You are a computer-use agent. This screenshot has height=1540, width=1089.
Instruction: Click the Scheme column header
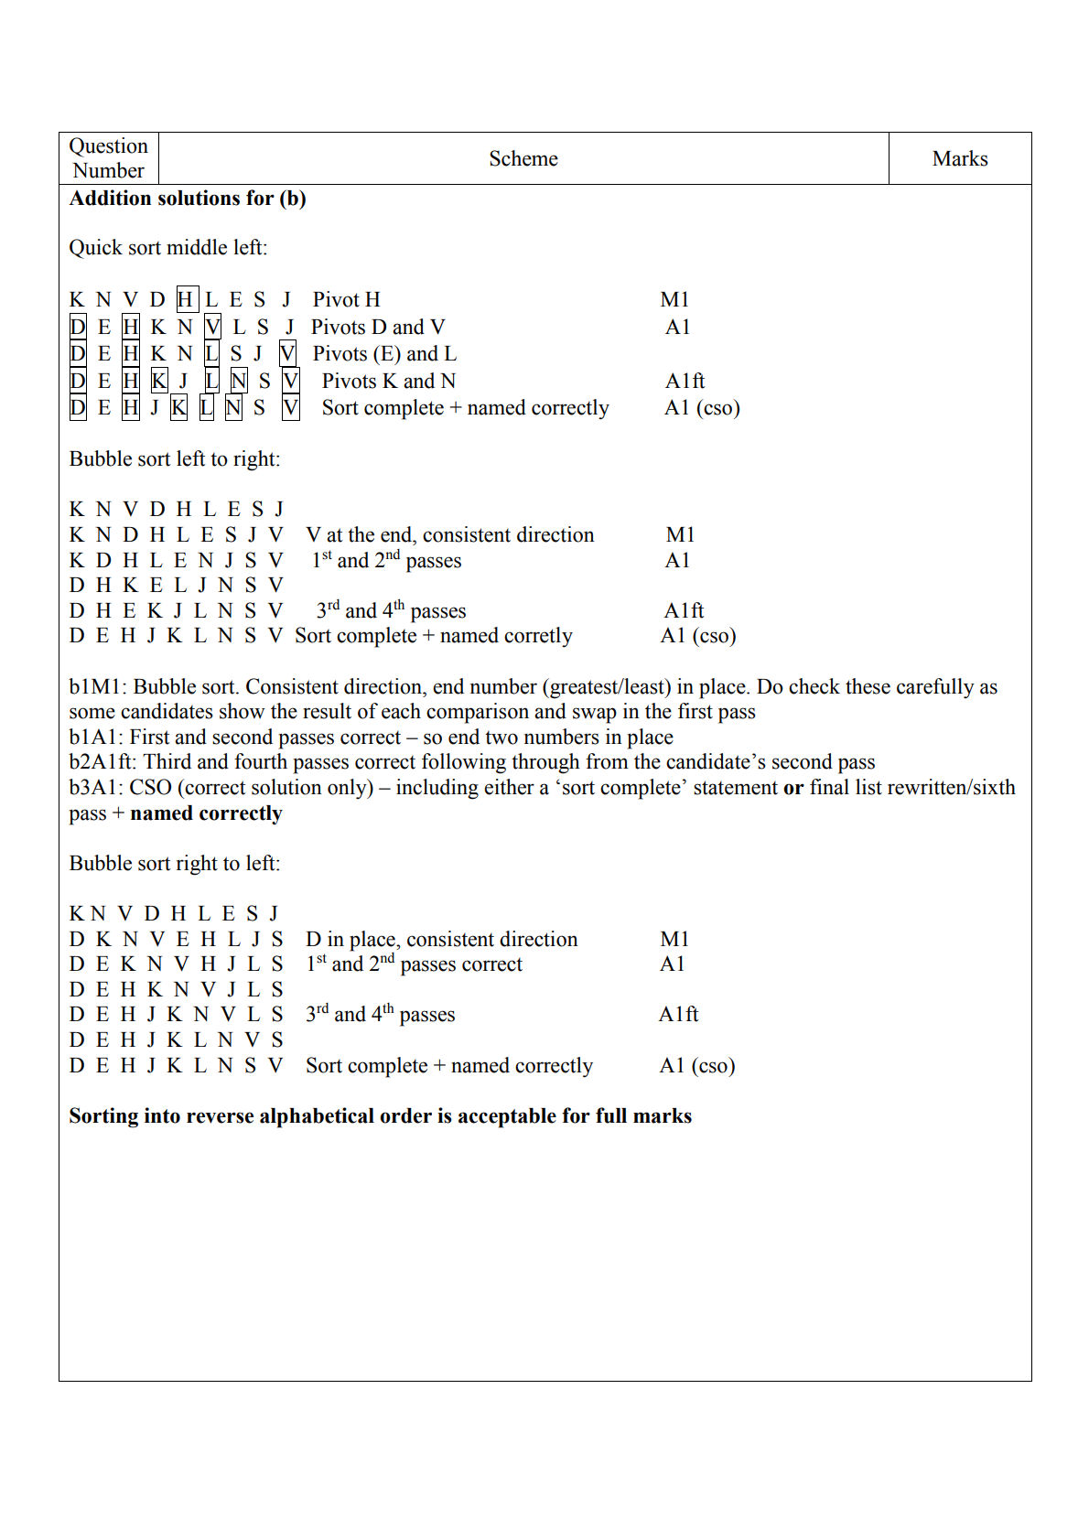(x=523, y=159)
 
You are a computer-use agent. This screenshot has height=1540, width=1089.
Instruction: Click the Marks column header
(x=959, y=159)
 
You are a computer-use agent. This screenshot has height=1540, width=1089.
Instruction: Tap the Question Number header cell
(x=108, y=158)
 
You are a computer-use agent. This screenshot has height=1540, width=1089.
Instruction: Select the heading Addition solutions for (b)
(x=188, y=199)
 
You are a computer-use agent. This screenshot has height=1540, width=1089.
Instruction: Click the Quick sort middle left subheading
(x=168, y=248)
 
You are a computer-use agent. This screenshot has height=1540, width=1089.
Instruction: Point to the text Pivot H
(x=346, y=300)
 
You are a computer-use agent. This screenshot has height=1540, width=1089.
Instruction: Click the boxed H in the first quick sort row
(x=186, y=300)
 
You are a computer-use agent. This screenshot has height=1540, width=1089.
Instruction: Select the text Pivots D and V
(x=377, y=328)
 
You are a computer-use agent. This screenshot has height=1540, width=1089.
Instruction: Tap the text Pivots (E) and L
(x=384, y=354)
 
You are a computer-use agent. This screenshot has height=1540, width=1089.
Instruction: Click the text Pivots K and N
(x=388, y=382)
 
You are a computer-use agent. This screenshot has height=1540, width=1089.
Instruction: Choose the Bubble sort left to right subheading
(x=175, y=459)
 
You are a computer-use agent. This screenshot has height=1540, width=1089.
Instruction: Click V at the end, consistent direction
(x=449, y=535)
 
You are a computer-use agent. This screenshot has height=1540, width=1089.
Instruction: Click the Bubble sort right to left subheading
(x=175, y=864)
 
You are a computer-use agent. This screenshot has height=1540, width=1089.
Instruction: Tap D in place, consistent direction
(x=441, y=940)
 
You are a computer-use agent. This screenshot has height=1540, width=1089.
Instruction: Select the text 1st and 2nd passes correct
(x=414, y=964)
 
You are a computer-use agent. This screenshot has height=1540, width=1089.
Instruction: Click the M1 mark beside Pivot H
(x=674, y=300)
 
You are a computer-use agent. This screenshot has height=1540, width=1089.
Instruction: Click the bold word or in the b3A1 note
(x=792, y=788)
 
